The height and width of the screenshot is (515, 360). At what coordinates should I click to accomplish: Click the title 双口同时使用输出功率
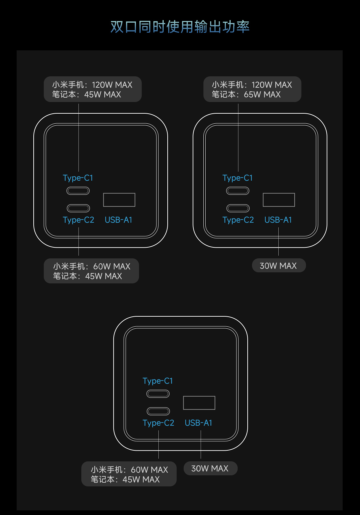pyautogui.click(x=180, y=27)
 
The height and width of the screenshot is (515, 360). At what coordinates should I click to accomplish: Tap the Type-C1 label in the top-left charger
pyautogui.click(x=78, y=178)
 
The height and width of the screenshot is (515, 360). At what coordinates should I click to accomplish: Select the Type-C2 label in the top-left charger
pyautogui.click(x=78, y=220)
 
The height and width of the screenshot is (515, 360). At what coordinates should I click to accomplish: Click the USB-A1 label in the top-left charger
pyautogui.click(x=118, y=220)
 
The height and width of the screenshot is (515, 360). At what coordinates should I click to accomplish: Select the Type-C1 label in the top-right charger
pyautogui.click(x=237, y=178)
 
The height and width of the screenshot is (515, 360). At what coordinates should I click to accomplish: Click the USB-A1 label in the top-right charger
pyautogui.click(x=278, y=220)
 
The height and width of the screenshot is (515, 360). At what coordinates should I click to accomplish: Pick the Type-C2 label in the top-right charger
pyautogui.click(x=238, y=220)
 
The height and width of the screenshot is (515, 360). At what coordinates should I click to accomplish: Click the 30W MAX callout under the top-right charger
pyautogui.click(x=279, y=266)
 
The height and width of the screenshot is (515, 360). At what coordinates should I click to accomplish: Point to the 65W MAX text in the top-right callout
pyautogui.click(x=262, y=94)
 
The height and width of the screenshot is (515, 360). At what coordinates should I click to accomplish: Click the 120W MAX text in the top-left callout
pyautogui.click(x=112, y=85)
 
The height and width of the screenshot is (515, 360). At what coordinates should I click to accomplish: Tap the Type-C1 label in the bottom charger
pyautogui.click(x=158, y=381)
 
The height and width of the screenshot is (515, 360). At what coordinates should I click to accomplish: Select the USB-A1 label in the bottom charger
pyautogui.click(x=198, y=423)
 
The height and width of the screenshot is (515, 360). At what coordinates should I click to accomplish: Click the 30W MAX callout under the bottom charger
pyautogui.click(x=211, y=468)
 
